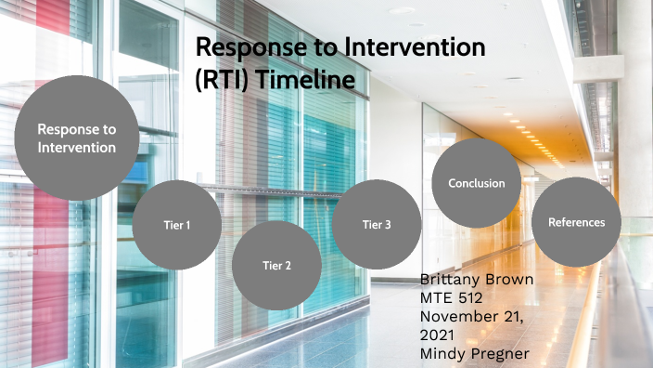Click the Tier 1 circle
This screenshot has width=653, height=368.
click(176, 224)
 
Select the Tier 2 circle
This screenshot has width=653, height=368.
click(275, 265)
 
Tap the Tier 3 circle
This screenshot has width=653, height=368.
click(377, 224)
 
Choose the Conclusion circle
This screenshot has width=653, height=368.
click(477, 183)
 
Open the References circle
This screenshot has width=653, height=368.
click(576, 222)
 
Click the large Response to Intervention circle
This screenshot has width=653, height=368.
click(77, 138)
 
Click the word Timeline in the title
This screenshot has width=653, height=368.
click(306, 80)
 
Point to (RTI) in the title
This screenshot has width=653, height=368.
click(223, 80)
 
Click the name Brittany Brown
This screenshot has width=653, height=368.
click(477, 280)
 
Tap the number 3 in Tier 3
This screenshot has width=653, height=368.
click(388, 224)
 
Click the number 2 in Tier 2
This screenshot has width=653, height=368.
click(288, 265)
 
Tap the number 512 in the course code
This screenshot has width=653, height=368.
click(474, 297)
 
